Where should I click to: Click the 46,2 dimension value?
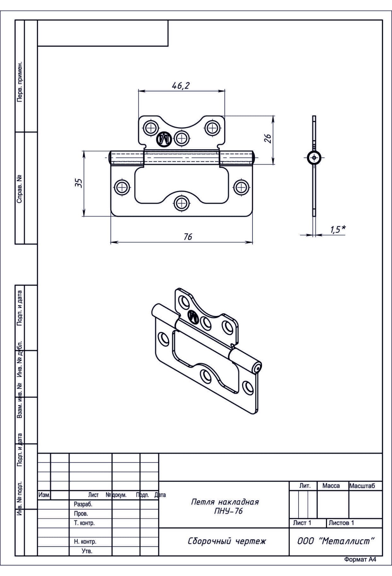(x=181, y=86)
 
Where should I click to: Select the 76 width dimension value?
(x=188, y=236)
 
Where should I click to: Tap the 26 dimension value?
(x=268, y=138)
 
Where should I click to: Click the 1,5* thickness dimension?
(x=338, y=229)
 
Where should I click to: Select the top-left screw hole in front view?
(x=151, y=127)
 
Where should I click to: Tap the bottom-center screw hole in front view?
(x=181, y=204)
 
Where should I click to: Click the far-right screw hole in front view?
(x=241, y=188)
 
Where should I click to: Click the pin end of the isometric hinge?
(x=257, y=368)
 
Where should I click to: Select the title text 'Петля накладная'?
(x=225, y=502)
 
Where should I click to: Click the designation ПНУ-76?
(x=228, y=511)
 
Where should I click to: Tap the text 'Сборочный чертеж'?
(x=227, y=541)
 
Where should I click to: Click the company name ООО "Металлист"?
(x=336, y=541)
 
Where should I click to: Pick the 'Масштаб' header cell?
(x=362, y=486)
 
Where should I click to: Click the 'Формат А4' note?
(x=360, y=568)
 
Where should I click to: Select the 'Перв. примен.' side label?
(x=20, y=81)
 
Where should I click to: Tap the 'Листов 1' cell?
(x=341, y=523)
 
